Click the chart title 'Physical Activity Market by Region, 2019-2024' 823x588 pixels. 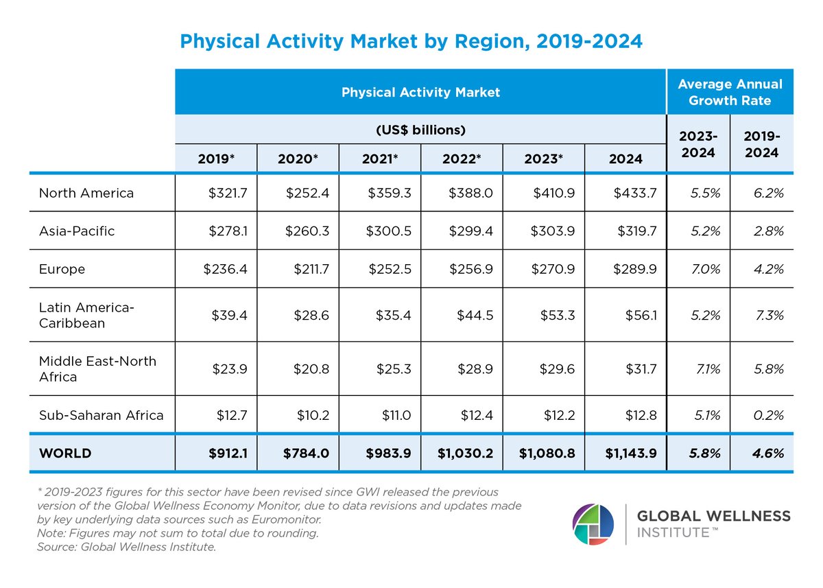[411, 41]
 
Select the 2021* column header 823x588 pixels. [380, 158]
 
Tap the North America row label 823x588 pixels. [86, 193]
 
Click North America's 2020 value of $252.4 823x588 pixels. [308, 193]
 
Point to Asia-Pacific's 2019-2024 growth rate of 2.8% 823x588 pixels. [767, 231]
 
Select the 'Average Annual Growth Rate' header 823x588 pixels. [730, 92]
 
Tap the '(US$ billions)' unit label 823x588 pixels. [420, 130]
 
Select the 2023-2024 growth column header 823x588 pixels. [698, 144]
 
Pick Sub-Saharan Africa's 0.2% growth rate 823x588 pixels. [767, 414]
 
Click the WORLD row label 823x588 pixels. [65, 454]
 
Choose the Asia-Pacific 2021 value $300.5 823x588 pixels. [389, 231]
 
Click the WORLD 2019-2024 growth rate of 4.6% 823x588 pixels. [767, 454]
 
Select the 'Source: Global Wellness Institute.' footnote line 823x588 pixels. [127, 546]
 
